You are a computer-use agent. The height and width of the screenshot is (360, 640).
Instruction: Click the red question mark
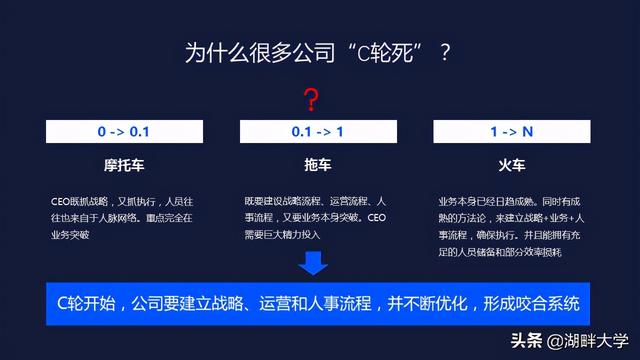tap(312, 99)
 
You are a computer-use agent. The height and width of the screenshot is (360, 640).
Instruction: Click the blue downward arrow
tap(313, 264)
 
